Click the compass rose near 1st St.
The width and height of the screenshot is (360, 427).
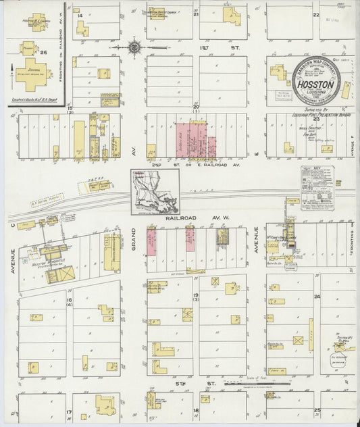click(x=134, y=47)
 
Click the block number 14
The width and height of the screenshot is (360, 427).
click(x=80, y=15)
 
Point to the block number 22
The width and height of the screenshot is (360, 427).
click(x=315, y=14)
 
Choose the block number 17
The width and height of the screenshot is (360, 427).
click(x=68, y=411)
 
